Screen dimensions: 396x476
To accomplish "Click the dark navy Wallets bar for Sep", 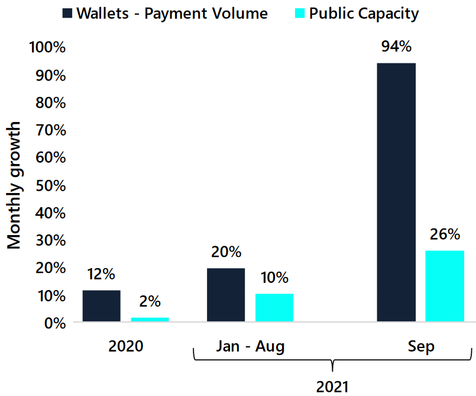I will click(396, 192).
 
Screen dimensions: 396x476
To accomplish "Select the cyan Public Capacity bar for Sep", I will click(445, 286).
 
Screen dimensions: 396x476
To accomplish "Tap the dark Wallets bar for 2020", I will click(101, 306).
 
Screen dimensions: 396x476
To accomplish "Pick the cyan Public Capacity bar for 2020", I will click(150, 320).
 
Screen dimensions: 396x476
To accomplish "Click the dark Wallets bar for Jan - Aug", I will click(226, 295).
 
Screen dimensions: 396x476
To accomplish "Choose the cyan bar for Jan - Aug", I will click(274, 308).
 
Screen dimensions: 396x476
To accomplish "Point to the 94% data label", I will click(396, 47).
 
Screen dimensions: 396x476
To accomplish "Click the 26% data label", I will click(445, 234).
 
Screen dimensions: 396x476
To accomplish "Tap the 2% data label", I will click(150, 301).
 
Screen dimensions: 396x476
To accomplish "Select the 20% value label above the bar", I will click(226, 252).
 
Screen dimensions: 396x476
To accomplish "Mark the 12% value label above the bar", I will click(101, 275).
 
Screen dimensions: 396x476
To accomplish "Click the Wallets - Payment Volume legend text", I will click(173, 13).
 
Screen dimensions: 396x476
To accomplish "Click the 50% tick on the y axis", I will click(51, 185).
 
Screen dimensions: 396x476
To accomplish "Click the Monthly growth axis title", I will click(14, 185).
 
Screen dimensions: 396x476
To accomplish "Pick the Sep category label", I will click(421, 346).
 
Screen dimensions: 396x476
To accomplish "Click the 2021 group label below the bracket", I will click(333, 387).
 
